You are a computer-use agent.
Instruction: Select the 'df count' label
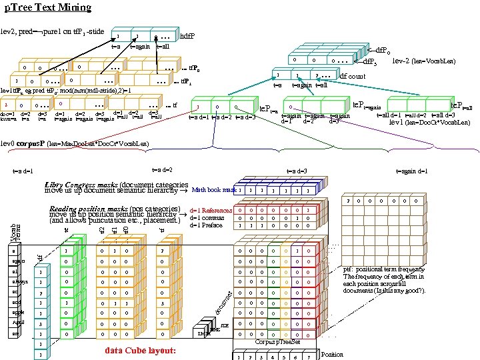tap(353, 76)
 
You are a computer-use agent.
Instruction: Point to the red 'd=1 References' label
tap(211, 211)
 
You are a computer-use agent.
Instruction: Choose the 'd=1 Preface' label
tap(206, 225)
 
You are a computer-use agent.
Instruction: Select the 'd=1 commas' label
tap(207, 217)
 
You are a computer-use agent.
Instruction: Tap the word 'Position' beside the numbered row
tap(332, 354)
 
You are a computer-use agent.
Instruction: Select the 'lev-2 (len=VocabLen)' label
tap(424, 61)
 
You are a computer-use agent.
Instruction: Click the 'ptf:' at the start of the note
tap(347, 269)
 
